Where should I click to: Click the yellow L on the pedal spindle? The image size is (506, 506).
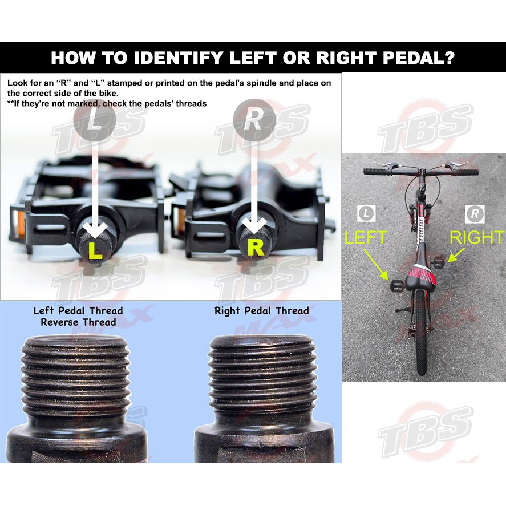(95, 251)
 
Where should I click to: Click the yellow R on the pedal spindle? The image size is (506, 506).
(256, 248)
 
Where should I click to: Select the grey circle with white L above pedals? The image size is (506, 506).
(95, 120)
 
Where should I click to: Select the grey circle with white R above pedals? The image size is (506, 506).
(254, 120)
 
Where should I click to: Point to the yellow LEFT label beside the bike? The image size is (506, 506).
(366, 237)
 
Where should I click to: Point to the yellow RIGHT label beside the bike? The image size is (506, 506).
(477, 237)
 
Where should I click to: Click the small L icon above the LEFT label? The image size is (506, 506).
(367, 213)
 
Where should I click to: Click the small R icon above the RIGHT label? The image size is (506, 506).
(475, 213)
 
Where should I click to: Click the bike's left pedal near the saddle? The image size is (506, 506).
(396, 285)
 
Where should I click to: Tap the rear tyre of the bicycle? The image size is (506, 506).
(422, 333)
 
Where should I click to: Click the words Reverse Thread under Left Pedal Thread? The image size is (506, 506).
(78, 322)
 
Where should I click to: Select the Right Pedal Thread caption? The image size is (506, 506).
(262, 311)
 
